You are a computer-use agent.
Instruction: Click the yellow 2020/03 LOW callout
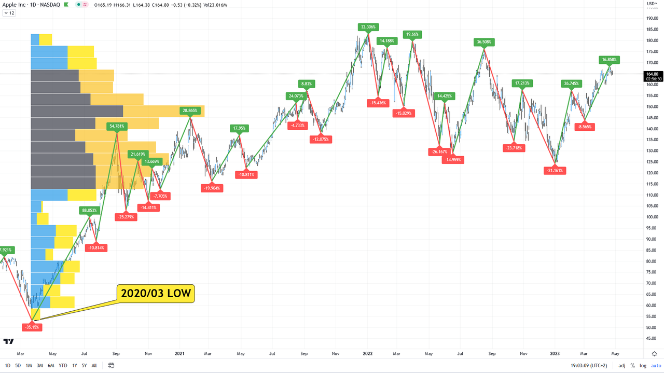tap(156, 294)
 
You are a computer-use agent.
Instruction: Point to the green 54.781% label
tap(117, 126)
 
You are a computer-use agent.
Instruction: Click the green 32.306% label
tap(368, 26)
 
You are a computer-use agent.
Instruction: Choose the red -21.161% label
tap(555, 170)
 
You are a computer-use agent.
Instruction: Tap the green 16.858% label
tap(610, 60)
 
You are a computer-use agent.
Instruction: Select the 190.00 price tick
tap(652, 19)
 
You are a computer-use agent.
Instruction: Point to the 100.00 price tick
tap(652, 217)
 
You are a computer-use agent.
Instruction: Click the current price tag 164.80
tap(652, 74)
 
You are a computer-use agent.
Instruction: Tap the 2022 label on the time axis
tap(368, 353)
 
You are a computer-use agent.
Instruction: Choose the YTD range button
tap(63, 365)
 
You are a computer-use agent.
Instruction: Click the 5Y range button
tap(84, 365)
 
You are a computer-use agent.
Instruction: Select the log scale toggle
tap(643, 366)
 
